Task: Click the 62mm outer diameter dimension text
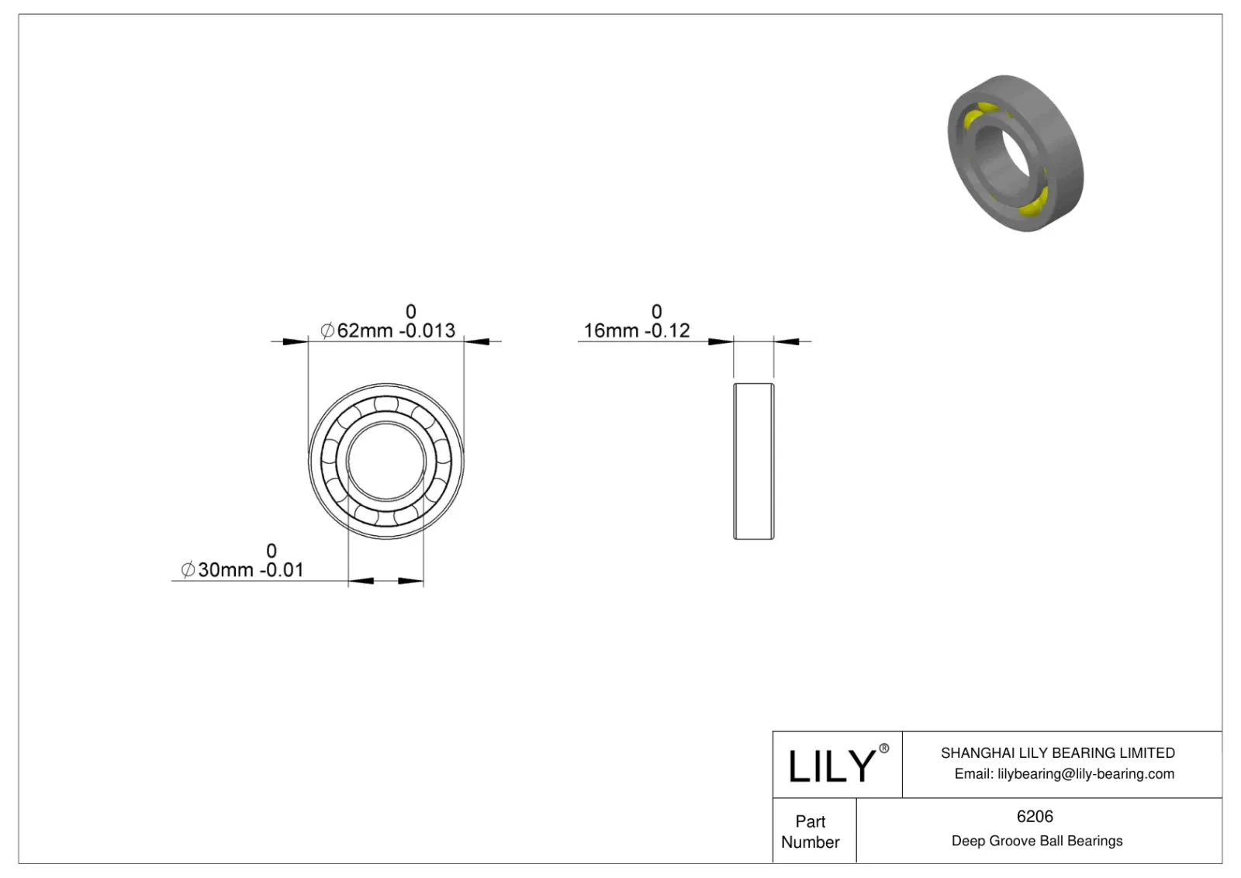[365, 331]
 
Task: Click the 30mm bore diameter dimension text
[226, 570]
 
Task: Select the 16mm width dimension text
[611, 331]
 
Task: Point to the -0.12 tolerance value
[667, 331]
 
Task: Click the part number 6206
[1035, 817]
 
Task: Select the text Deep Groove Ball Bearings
[1036, 841]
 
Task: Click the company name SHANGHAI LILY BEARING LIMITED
[1057, 753]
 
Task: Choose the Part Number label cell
[811, 831]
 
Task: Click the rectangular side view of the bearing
[753, 461]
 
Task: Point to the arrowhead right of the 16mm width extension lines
[786, 341]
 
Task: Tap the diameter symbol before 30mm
[188, 570]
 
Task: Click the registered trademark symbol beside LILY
[883, 748]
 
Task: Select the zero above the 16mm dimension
[656, 312]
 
